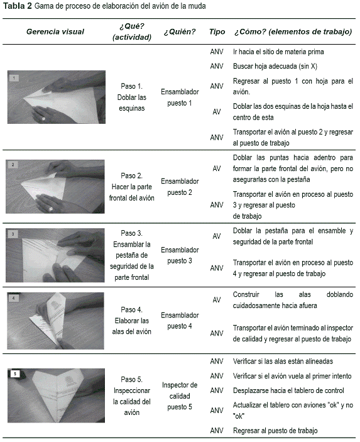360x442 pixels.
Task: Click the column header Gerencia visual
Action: point(55,31)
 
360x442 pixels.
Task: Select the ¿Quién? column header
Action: point(180,31)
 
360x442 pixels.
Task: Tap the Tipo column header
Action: point(217,31)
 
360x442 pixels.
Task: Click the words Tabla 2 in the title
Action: point(18,6)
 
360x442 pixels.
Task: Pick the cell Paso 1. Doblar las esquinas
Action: point(131,97)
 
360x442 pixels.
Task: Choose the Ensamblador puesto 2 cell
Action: point(180,187)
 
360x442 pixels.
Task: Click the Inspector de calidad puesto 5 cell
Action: point(180,395)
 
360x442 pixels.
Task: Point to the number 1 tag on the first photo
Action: point(14,78)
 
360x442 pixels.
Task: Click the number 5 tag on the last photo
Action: point(15,374)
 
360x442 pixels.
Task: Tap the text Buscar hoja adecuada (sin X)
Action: point(275,66)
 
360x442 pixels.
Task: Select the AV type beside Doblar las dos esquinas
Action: point(216,112)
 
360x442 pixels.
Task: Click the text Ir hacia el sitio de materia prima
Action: point(278,52)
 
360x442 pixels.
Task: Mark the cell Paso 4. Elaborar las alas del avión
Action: point(131,321)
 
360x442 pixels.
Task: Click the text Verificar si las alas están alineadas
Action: point(283,362)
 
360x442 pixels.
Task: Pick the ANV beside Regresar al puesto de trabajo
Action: point(217,431)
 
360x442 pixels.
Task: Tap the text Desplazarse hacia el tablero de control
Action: point(288,390)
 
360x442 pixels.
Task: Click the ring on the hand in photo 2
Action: point(51,209)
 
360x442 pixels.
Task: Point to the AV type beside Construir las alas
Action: point(216,300)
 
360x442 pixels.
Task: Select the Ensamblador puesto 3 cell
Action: point(180,255)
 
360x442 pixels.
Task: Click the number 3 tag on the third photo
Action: point(13,235)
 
